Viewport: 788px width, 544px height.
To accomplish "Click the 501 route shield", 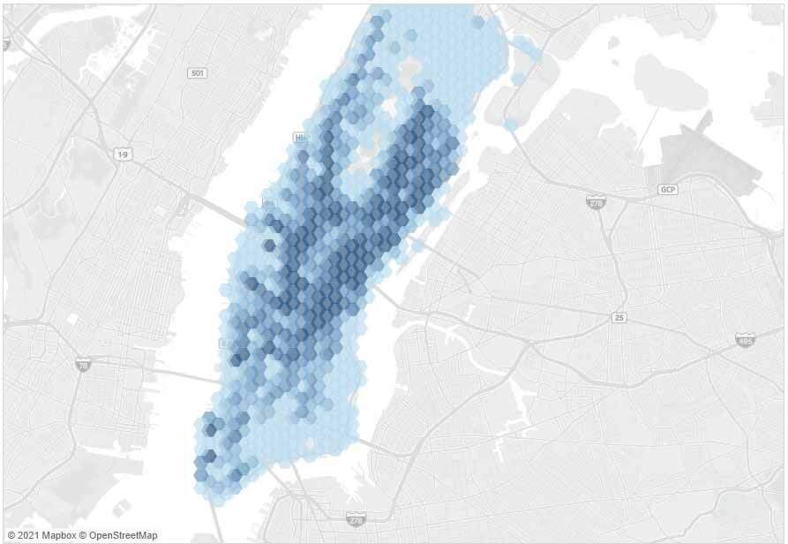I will pyautogui.click(x=197, y=72).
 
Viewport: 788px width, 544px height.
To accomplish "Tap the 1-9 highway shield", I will pyautogui.click(x=123, y=155).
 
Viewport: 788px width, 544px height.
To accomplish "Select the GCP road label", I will pyautogui.click(x=667, y=190).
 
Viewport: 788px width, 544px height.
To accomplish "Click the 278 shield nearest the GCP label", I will pyautogui.click(x=595, y=203).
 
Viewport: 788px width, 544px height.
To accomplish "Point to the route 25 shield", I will pyautogui.click(x=618, y=316).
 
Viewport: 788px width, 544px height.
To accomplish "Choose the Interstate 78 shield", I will pyautogui.click(x=82, y=364).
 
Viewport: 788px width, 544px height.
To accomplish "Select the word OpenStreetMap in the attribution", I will pyautogui.click(x=123, y=535).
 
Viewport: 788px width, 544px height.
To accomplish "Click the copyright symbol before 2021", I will pyautogui.click(x=11, y=535).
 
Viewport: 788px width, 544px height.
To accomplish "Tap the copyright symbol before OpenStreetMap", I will pyautogui.click(x=83, y=535).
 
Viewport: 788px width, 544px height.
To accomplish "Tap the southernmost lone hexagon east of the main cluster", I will pyautogui.click(x=511, y=125).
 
